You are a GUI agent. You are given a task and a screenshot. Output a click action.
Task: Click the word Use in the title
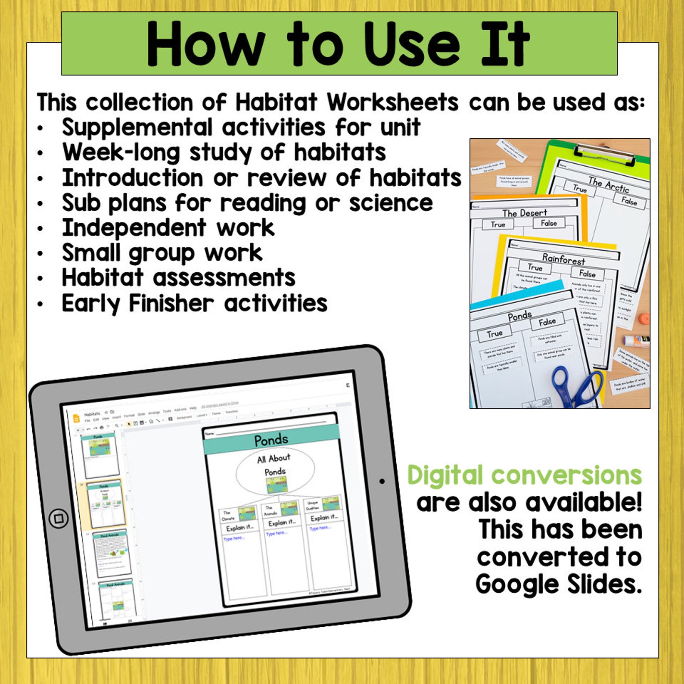coord(411,44)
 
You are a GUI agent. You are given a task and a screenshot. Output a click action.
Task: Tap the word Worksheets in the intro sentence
coord(392,103)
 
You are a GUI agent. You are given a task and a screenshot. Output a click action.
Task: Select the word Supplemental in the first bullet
coord(137,127)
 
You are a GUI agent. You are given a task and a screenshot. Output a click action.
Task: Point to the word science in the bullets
coord(391,203)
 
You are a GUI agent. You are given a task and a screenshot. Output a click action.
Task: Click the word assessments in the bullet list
coord(224,278)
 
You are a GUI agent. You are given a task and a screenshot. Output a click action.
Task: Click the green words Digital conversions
coord(524,476)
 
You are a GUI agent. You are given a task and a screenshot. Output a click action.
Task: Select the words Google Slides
coord(559,585)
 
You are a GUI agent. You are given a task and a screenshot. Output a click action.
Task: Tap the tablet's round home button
coord(59,518)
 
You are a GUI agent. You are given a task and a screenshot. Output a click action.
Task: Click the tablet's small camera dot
coord(382,481)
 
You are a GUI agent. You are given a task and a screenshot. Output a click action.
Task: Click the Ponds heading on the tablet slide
coord(271,440)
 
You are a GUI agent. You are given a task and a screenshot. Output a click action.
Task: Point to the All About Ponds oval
coord(275,470)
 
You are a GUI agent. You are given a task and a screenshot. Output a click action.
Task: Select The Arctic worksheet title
coord(608,185)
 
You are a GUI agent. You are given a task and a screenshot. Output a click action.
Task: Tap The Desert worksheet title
coord(524,213)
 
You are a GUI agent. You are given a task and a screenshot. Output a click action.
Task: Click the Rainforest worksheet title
coord(563,259)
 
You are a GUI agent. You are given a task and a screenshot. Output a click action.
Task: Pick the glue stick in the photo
coord(636,341)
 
